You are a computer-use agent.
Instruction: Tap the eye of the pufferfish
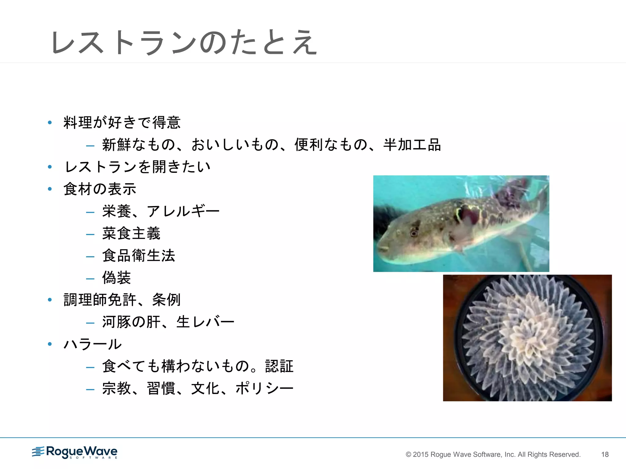(413, 234)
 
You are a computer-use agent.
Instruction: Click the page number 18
(605, 454)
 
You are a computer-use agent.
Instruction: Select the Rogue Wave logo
(75, 452)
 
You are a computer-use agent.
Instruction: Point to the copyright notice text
(493, 454)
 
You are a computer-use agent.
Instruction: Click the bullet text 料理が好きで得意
(122, 122)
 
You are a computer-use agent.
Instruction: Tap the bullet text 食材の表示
(100, 189)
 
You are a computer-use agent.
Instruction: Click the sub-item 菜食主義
(131, 233)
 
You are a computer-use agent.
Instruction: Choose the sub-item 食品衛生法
(138, 256)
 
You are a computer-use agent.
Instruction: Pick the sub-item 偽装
(116, 278)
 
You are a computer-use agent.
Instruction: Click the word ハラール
(93, 344)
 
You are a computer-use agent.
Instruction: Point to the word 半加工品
(412, 145)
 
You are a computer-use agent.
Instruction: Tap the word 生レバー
(205, 322)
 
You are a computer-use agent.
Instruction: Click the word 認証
(279, 366)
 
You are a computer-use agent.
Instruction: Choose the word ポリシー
(264, 388)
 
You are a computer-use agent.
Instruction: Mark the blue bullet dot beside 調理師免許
(50, 300)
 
